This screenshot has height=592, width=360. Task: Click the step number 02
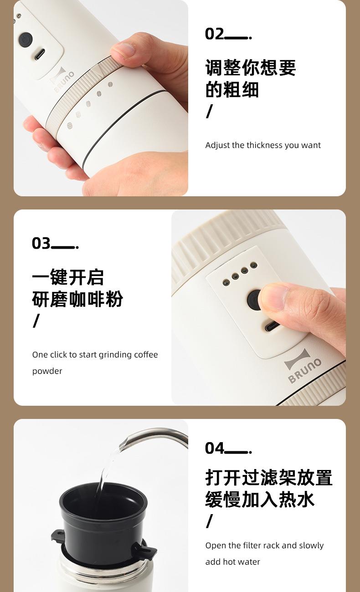(x=214, y=34)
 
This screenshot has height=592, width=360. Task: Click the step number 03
(x=41, y=243)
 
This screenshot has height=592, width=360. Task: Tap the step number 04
(x=214, y=448)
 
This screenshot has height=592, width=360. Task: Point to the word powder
(x=47, y=371)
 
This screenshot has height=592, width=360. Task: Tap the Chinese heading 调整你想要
(x=251, y=67)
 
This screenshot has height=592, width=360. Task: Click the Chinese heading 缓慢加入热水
(x=260, y=499)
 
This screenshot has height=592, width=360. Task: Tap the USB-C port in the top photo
(x=39, y=54)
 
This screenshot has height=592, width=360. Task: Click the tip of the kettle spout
(x=122, y=445)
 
